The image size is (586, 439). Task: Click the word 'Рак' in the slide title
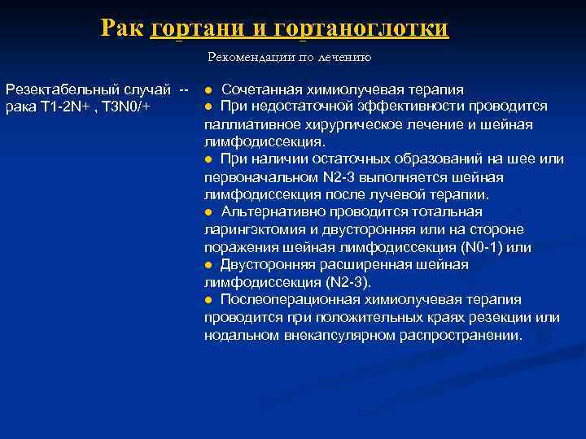click(123, 28)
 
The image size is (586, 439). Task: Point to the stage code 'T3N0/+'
click(131, 107)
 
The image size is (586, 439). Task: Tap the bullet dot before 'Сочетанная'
click(209, 89)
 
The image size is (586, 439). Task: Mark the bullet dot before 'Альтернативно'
click(209, 212)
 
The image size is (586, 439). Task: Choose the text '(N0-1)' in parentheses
click(483, 247)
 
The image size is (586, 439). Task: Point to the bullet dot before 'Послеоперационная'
click(209, 301)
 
